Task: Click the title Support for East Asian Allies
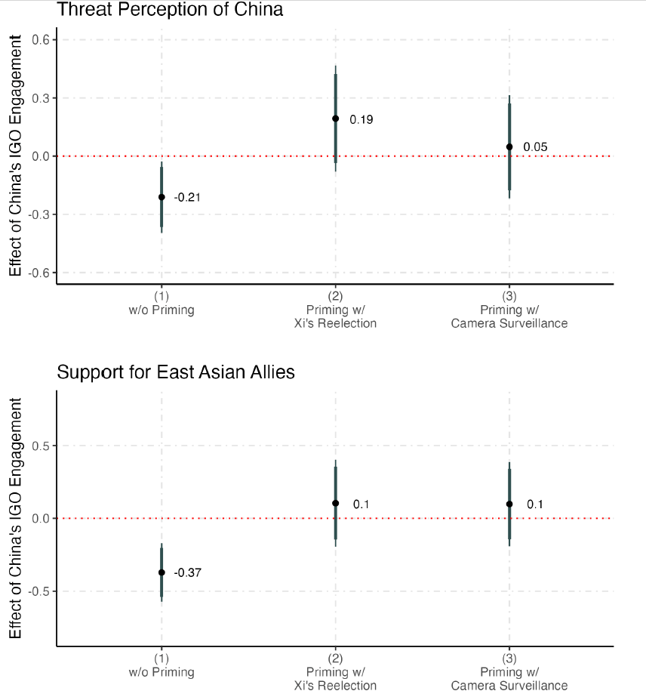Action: pyautogui.click(x=176, y=372)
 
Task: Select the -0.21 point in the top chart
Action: pyautogui.click(x=161, y=197)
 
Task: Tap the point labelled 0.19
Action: pyautogui.click(x=335, y=119)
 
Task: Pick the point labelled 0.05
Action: pyautogui.click(x=509, y=147)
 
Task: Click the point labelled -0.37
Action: pyautogui.click(x=161, y=572)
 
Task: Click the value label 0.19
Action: pyautogui.click(x=361, y=119)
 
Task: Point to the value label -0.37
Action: pyautogui.click(x=188, y=573)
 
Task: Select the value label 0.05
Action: pyautogui.click(x=535, y=147)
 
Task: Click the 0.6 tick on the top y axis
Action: pyautogui.click(x=39, y=40)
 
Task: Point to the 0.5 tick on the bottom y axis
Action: pyautogui.click(x=39, y=446)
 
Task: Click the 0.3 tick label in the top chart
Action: pyautogui.click(x=39, y=98)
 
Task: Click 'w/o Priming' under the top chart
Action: pyautogui.click(x=161, y=310)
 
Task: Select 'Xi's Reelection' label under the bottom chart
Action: pyautogui.click(x=335, y=686)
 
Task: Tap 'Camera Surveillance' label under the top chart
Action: pyautogui.click(x=509, y=323)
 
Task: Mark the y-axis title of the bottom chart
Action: pyautogui.click(x=16, y=519)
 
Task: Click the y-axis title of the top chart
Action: pyautogui.click(x=16, y=157)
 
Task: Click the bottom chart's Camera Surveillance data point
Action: pyautogui.click(x=509, y=504)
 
